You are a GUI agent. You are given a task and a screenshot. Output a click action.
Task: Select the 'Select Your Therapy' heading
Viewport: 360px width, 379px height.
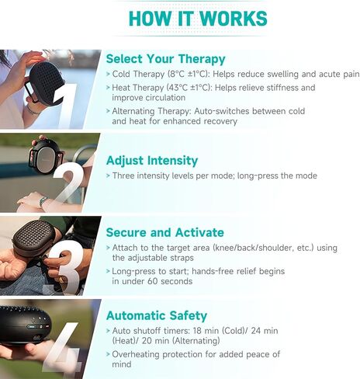(x=165, y=58)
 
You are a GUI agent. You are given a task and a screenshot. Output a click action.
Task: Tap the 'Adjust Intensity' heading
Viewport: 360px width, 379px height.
(x=152, y=161)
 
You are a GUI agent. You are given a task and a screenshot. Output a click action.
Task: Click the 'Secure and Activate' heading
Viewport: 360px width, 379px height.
(x=165, y=232)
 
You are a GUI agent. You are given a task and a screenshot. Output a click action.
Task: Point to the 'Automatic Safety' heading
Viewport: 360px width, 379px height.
(x=157, y=315)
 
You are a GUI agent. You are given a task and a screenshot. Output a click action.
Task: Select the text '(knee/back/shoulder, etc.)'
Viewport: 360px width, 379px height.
(x=260, y=248)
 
